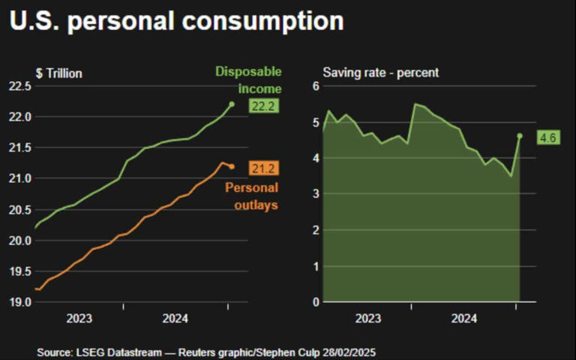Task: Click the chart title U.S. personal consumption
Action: [x=177, y=21]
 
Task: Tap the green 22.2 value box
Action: [x=264, y=106]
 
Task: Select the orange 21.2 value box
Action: [x=264, y=167]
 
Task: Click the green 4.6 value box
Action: [x=549, y=137]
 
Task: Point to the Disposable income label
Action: [x=248, y=80]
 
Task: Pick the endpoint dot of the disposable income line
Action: [x=232, y=104]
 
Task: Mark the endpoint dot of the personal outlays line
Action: [x=232, y=166]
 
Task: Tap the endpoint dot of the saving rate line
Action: [x=520, y=136]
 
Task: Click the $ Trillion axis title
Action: [x=58, y=73]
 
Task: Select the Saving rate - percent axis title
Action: [x=380, y=73]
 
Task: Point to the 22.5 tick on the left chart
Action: [x=19, y=86]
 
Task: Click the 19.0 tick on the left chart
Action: [x=19, y=302]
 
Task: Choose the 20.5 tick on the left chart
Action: [x=19, y=209]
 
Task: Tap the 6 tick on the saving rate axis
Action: [x=316, y=86]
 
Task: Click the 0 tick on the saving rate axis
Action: [x=316, y=302]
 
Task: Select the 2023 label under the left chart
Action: [x=79, y=319]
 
